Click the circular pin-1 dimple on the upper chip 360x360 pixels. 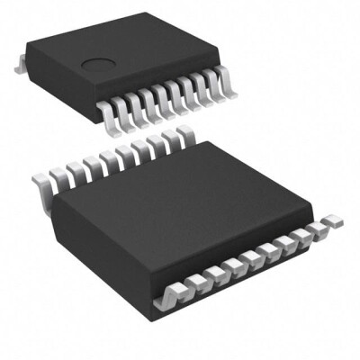tap(94, 63)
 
